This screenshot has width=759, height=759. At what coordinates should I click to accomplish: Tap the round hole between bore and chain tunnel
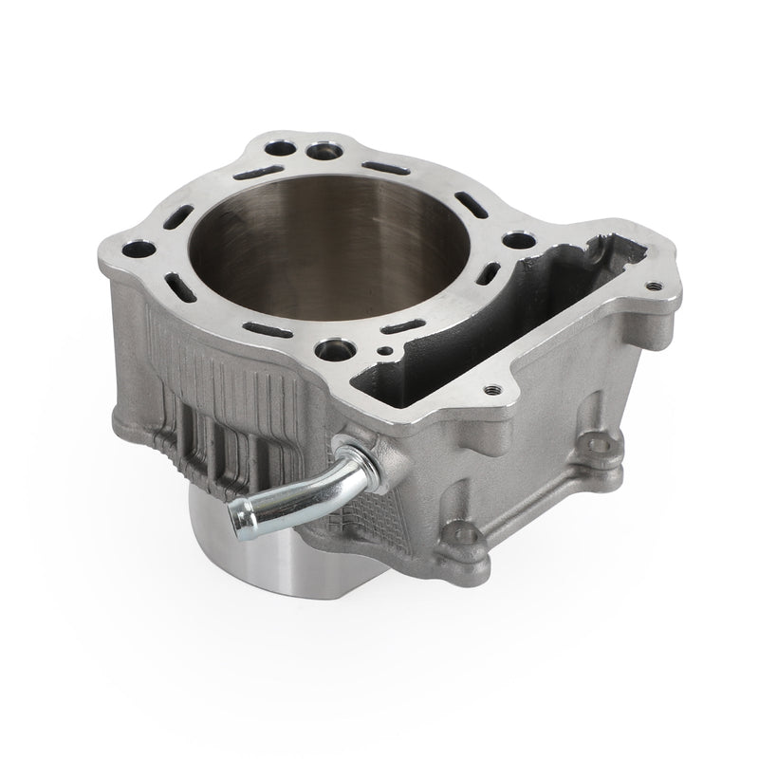(514, 241)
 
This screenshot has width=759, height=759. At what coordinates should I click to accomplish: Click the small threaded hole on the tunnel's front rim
(490, 389)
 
